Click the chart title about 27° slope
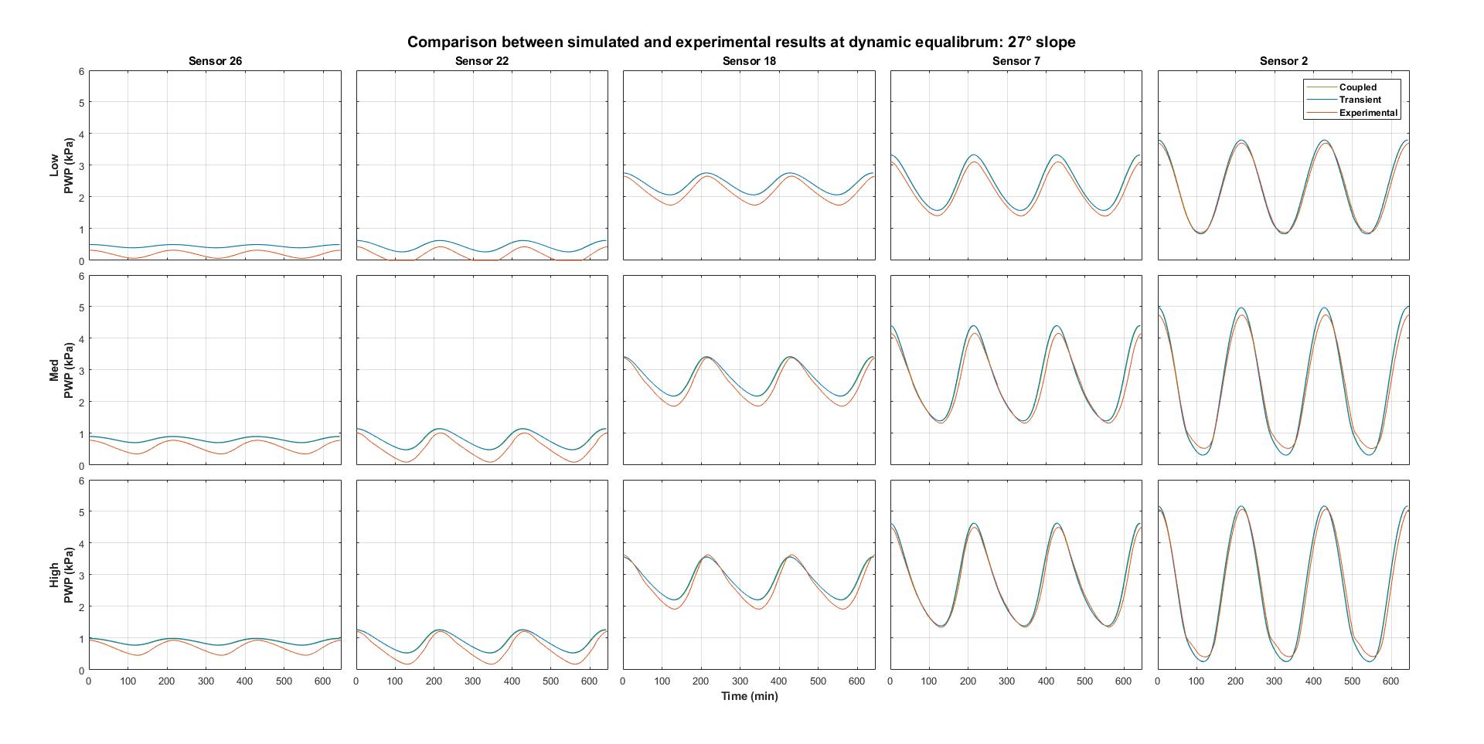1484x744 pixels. click(x=741, y=42)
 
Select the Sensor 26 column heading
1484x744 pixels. click(x=215, y=61)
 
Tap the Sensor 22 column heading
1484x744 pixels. click(x=482, y=61)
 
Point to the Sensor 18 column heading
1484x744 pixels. click(x=749, y=61)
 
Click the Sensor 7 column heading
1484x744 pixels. click(x=1016, y=61)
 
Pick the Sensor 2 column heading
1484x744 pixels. click(x=1283, y=61)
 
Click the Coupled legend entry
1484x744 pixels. click(x=1357, y=87)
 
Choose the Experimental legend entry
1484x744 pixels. click(x=1368, y=113)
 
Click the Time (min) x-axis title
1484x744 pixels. click(x=749, y=696)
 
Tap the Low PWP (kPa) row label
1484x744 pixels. click(x=61, y=165)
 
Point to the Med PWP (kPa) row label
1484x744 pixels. click(x=61, y=370)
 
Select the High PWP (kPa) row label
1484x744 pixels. click(x=61, y=575)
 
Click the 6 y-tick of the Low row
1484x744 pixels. click(x=81, y=71)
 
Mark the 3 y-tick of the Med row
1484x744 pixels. click(x=81, y=371)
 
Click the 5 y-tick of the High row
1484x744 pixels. click(x=81, y=511)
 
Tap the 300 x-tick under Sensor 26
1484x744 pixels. click(x=206, y=681)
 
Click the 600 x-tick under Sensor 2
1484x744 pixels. click(x=1390, y=681)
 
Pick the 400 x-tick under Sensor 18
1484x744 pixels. click(x=779, y=681)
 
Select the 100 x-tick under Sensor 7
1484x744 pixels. click(x=929, y=681)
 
